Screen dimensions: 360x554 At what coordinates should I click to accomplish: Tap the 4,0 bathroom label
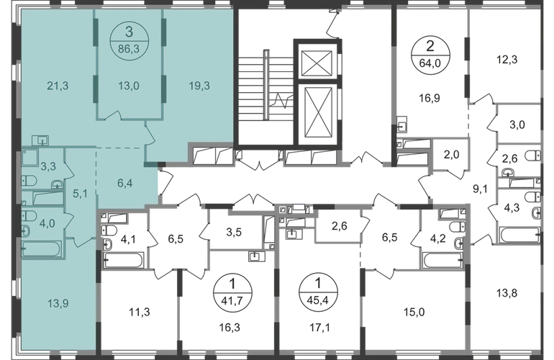tap(47, 222)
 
